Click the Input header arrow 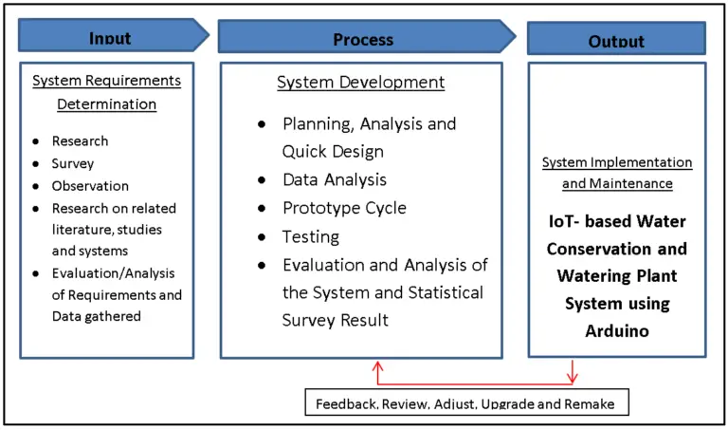112,37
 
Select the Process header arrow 364,37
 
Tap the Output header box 616,40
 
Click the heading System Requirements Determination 107,92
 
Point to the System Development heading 360,83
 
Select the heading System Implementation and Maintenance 617,173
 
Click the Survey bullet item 73,163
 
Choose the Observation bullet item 90,186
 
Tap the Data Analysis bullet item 334,179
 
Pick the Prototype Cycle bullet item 344,208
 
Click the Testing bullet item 310,236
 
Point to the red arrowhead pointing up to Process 378,365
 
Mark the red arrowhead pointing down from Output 573,380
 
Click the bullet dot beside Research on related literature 36,209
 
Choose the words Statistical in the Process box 444,292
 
